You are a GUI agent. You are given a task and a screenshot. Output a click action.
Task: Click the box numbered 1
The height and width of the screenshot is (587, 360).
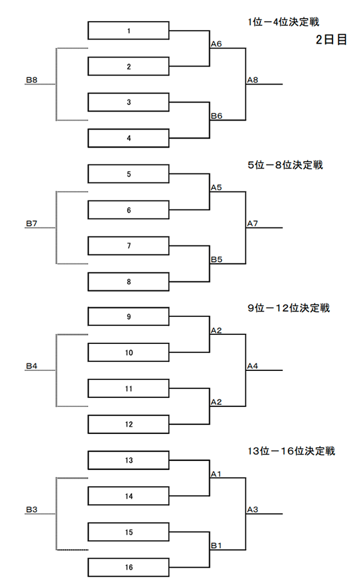(128, 31)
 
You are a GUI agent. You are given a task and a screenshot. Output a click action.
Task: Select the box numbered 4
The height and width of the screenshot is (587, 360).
(128, 138)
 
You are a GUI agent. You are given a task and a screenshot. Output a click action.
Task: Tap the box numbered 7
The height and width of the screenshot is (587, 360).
(128, 245)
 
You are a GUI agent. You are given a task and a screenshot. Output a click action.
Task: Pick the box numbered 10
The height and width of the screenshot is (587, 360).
(128, 353)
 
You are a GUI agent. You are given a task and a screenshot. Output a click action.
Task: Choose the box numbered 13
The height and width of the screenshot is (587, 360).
(128, 460)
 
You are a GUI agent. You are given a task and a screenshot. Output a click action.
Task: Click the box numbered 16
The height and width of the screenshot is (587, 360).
(128, 568)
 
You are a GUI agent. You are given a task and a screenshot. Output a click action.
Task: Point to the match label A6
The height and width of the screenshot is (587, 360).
(216, 44)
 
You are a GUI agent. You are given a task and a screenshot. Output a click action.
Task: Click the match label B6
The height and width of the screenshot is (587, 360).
(216, 116)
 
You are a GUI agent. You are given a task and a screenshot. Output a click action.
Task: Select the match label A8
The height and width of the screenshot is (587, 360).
(253, 80)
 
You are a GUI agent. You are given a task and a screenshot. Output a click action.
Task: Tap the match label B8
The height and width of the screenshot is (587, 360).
(31, 80)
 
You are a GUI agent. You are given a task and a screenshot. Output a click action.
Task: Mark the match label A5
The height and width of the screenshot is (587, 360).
(216, 187)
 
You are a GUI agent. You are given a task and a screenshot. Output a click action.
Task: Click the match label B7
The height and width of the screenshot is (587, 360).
(31, 223)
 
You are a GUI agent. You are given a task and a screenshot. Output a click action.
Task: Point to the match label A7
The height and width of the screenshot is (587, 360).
(253, 223)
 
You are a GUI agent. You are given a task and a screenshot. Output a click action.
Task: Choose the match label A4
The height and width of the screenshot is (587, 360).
(253, 366)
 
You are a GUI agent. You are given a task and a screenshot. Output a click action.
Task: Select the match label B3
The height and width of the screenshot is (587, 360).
(31, 510)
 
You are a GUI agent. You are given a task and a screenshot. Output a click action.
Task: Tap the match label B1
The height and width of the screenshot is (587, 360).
(216, 546)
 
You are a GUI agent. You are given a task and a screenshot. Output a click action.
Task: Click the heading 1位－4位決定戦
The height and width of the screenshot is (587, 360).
(283, 22)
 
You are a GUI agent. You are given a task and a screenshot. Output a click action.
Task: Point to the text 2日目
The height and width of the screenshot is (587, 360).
(331, 40)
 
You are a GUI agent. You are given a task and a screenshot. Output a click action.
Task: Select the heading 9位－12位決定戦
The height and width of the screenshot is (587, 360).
(289, 308)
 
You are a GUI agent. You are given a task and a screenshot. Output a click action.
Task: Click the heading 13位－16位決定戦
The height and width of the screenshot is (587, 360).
(291, 451)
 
